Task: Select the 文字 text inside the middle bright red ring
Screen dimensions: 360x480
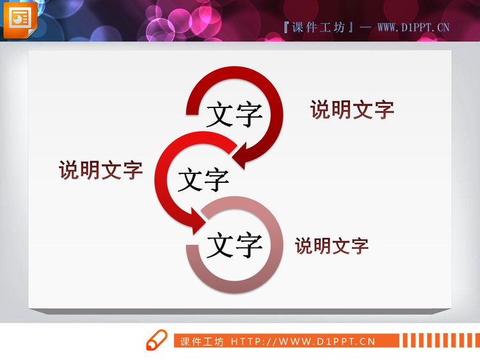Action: (203, 179)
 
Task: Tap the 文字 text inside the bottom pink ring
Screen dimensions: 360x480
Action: (234, 244)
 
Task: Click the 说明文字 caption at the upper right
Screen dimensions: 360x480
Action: (352, 109)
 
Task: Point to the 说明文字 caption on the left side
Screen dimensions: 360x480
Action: (100, 170)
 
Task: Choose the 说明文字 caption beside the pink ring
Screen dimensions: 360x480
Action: (332, 246)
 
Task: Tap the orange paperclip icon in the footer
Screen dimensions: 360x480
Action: (156, 341)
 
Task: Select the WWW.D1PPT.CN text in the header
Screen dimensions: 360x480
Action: (413, 27)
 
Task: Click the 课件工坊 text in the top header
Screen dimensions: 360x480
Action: (318, 27)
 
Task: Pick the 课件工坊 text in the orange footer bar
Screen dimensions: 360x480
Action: (202, 341)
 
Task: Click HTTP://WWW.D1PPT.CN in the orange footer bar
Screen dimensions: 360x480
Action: (302, 341)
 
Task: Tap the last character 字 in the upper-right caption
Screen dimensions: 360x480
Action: (383, 109)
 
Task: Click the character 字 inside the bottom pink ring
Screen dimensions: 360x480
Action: (248, 244)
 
